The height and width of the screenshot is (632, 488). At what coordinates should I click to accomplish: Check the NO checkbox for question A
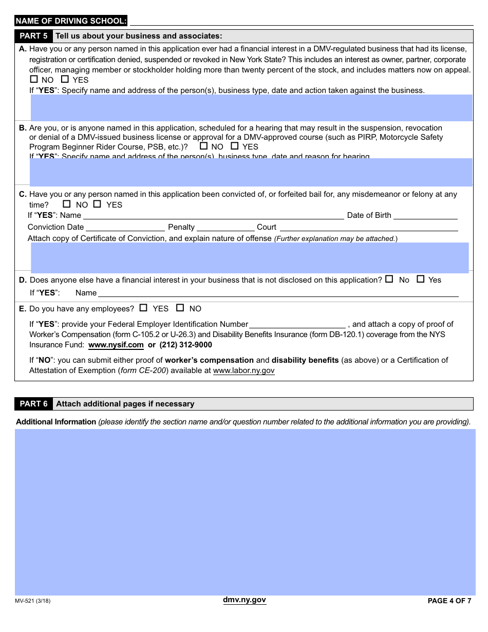click(34, 79)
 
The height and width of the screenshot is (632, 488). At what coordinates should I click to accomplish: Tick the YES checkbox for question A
click(65, 79)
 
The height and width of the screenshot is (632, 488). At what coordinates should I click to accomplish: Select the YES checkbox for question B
click(235, 146)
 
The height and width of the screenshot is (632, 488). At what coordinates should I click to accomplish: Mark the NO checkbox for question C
click(67, 204)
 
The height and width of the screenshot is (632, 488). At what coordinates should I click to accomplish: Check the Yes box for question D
click(420, 279)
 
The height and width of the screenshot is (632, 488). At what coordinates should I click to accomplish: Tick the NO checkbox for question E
click(180, 308)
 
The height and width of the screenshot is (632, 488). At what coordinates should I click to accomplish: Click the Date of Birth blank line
click(425, 216)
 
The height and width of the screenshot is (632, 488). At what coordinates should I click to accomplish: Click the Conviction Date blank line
click(125, 228)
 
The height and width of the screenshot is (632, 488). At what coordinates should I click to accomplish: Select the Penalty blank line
click(226, 228)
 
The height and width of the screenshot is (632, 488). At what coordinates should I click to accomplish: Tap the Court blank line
click(368, 228)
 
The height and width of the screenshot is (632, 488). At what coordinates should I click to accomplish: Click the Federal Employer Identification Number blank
click(297, 325)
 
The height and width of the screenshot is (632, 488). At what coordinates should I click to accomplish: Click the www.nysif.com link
click(116, 345)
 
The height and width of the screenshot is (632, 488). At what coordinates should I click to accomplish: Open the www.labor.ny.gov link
click(243, 370)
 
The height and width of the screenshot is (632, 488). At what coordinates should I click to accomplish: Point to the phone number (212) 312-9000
click(185, 345)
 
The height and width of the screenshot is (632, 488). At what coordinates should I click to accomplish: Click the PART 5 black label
click(33, 36)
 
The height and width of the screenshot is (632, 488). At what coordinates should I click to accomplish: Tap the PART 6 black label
click(33, 404)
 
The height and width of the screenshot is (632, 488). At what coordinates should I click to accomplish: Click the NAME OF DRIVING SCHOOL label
click(71, 21)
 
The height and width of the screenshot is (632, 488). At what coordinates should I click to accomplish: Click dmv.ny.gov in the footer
click(244, 600)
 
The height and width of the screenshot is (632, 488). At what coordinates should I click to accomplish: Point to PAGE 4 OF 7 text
click(449, 601)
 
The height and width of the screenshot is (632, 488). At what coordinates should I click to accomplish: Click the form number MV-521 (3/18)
click(33, 601)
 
